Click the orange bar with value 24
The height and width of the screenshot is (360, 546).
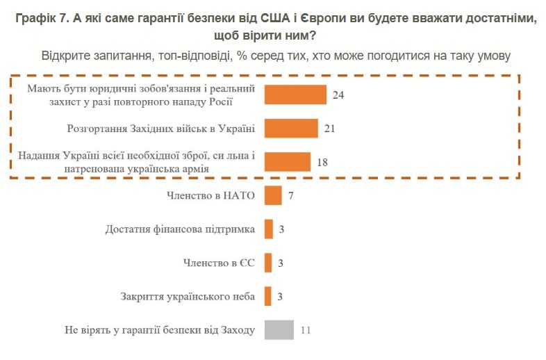click(x=295, y=95)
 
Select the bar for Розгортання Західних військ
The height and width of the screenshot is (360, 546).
click(x=291, y=129)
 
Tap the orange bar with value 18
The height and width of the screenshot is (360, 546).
click(x=287, y=162)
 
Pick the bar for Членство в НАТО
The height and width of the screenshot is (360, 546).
click(x=273, y=195)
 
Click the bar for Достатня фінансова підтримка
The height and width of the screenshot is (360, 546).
click(x=269, y=229)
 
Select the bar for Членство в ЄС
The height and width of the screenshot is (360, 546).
click(x=269, y=263)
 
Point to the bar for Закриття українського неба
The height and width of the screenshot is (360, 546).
click(x=269, y=297)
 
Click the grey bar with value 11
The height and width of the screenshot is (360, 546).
click(x=280, y=330)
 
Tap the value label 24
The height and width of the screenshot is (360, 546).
click(x=338, y=95)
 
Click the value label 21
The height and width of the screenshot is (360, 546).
click(x=330, y=129)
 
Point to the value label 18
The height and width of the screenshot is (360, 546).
click(x=322, y=163)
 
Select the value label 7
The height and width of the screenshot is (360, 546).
click(x=292, y=196)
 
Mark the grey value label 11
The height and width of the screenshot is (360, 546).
click(x=306, y=330)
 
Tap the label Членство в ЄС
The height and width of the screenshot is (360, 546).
click(x=219, y=263)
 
